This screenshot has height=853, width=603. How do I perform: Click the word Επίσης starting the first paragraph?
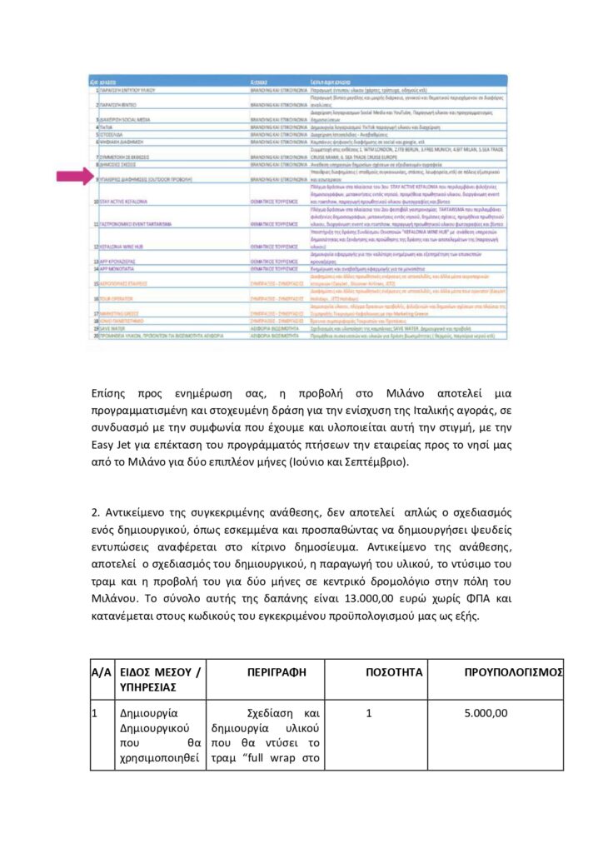pyautogui.click(x=111, y=390)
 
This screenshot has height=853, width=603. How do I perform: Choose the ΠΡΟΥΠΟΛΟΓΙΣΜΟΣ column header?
pyautogui.click(x=512, y=671)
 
